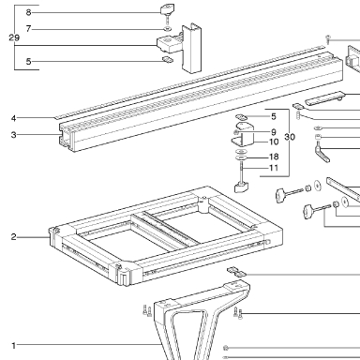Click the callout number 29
tap(14, 37)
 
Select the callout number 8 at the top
tap(28, 12)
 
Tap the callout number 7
tap(28, 29)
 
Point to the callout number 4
tap(13, 118)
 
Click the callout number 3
tap(13, 135)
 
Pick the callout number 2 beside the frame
tap(13, 237)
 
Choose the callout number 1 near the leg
tap(13, 346)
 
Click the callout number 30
tap(290, 137)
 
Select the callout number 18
tap(274, 157)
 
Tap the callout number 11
tap(274, 168)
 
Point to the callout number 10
tap(274, 142)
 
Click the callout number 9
tap(274, 132)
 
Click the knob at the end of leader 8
tap(168, 9)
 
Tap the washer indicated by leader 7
tap(168, 29)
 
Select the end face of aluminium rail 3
tap(67, 139)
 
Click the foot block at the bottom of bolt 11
tap(241, 187)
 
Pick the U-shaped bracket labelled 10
tap(243, 134)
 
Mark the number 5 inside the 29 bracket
tap(28, 61)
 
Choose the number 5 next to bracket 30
tap(274, 116)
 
